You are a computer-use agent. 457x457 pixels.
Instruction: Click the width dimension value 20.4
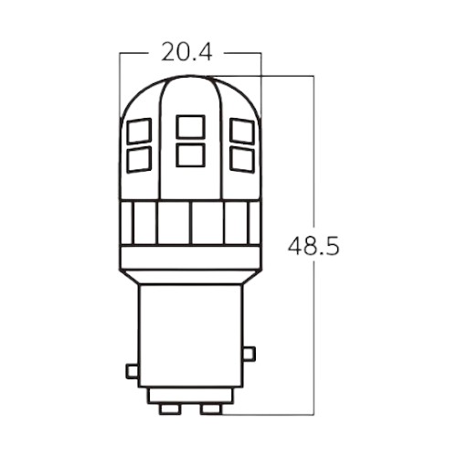tap(186, 53)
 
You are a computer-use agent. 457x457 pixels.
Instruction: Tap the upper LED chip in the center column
tap(190, 126)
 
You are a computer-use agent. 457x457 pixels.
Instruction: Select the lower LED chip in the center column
tap(190, 154)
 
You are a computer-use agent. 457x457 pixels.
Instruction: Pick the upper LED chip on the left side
tap(139, 132)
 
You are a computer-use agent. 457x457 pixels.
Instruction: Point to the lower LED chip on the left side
tap(139, 159)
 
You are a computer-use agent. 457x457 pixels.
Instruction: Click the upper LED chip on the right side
tap(241, 132)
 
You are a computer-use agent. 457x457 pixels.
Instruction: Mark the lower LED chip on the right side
tap(241, 159)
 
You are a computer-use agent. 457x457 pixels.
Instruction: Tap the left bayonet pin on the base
tap(132, 371)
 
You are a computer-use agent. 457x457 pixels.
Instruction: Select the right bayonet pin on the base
tap(249, 354)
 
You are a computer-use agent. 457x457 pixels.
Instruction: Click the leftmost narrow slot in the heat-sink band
tap(128, 222)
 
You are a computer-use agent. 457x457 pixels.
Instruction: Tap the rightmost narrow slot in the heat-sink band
tap(253, 222)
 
